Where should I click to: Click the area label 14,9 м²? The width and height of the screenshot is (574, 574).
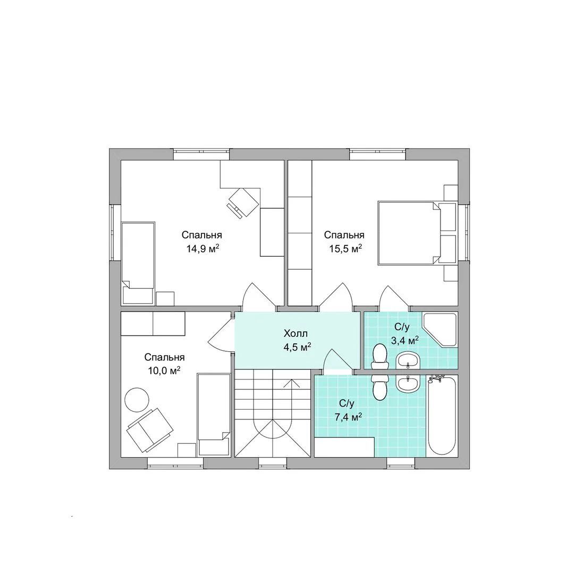203,249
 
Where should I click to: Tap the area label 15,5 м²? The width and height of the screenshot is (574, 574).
345,249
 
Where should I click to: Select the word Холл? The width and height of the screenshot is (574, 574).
296,333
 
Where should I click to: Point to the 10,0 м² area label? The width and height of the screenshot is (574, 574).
164,371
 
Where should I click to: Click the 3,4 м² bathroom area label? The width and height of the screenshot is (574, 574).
405,341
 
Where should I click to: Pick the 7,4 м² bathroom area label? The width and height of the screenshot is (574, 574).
349,417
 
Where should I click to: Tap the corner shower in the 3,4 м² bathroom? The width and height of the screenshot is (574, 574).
440,330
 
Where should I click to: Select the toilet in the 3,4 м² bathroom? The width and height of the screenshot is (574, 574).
379,356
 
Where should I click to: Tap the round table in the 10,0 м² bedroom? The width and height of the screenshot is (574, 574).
137,399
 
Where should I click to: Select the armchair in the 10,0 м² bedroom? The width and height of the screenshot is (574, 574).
150,430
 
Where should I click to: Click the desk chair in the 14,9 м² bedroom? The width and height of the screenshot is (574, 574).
243,202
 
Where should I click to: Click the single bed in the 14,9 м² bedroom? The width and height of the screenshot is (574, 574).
138,263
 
